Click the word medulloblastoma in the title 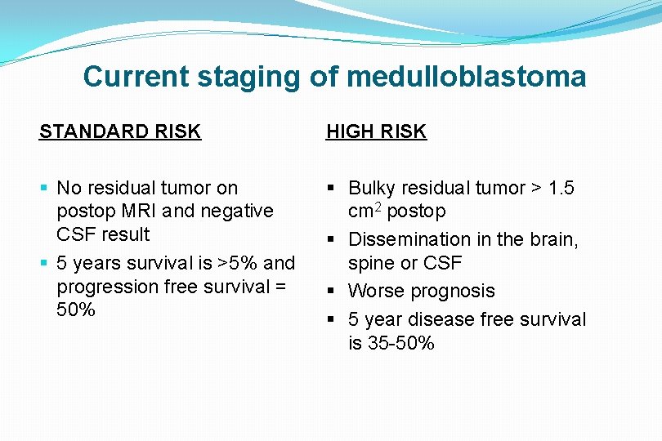[x=466, y=78]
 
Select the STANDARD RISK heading [x=120, y=131]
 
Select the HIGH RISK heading [x=376, y=131]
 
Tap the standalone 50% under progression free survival [x=76, y=310]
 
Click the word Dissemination [x=410, y=239]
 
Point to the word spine [x=372, y=263]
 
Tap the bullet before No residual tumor [x=43, y=189]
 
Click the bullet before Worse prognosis [x=335, y=292]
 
